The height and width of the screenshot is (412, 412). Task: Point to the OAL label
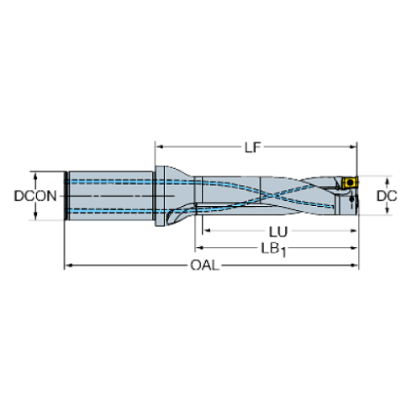point(205,266)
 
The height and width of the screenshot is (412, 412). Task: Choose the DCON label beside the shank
point(34,196)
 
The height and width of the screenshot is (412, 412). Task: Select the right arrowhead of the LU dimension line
point(347,230)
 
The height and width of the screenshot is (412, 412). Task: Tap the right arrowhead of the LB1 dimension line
point(347,248)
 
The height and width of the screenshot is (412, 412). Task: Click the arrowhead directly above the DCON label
point(34,178)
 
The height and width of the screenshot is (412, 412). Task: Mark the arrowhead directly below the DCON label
point(34,215)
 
